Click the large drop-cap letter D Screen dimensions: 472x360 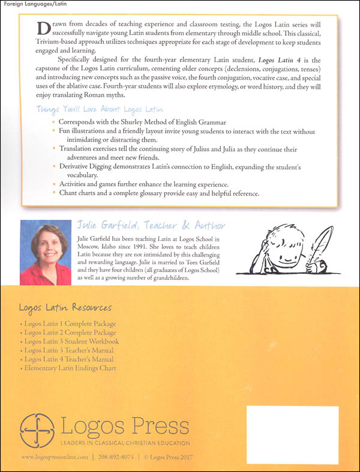41,28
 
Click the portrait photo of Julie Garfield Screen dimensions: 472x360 45,252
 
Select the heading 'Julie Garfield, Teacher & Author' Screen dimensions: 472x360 151,226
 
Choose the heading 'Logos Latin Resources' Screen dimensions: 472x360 65,308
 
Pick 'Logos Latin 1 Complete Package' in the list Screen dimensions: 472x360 71,324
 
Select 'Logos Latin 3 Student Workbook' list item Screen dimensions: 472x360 71,341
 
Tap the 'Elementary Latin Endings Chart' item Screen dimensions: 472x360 70,368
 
